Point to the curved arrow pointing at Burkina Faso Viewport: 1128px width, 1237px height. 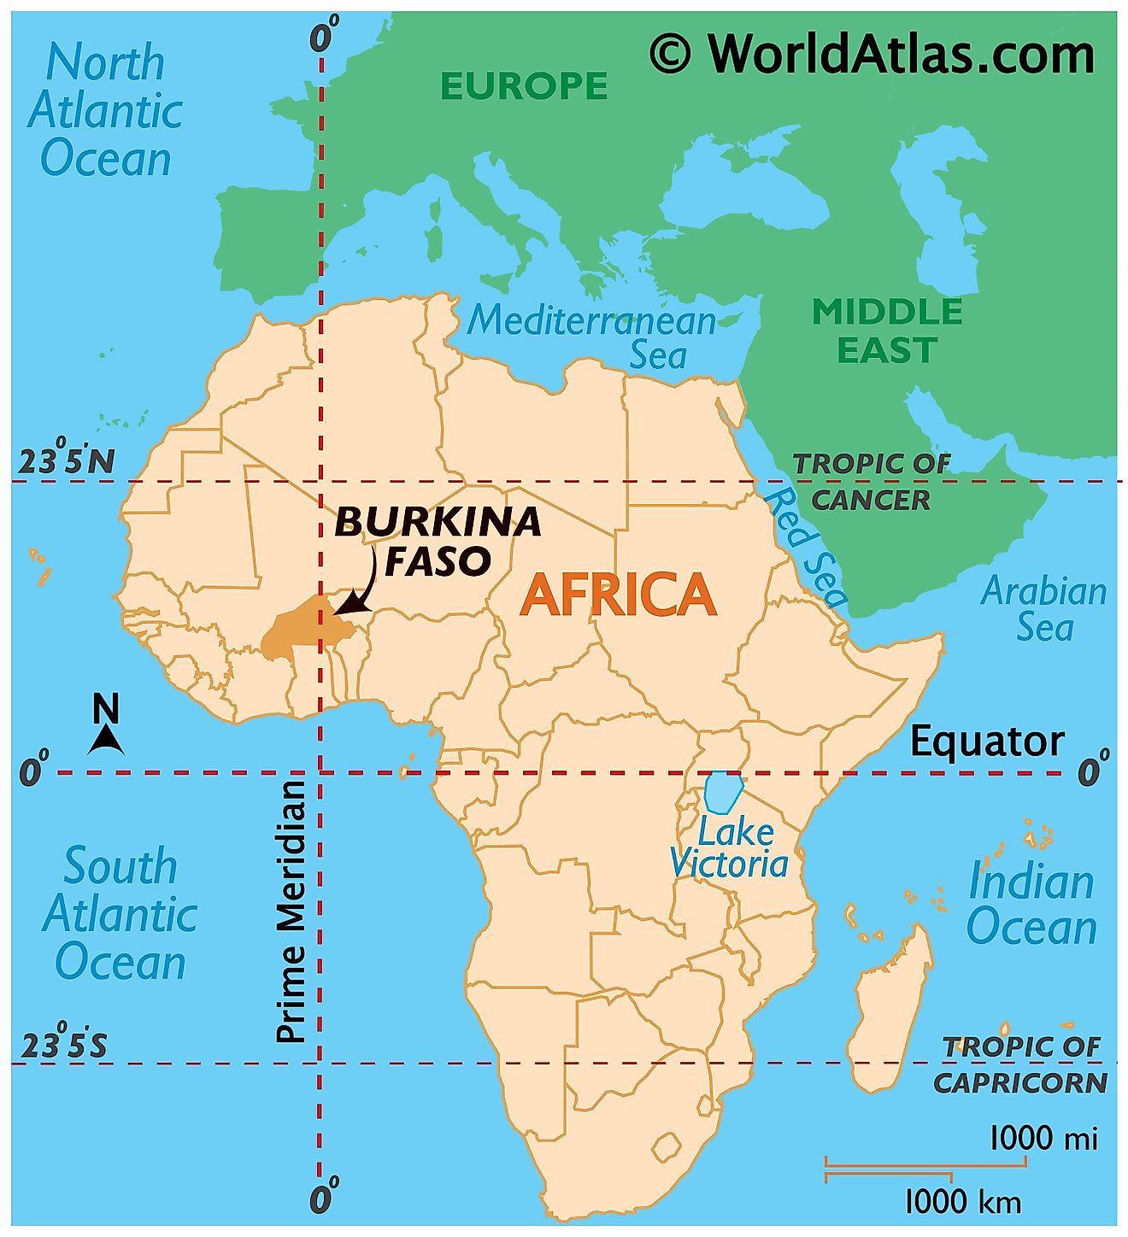click(362, 584)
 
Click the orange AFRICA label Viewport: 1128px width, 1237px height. click(618, 595)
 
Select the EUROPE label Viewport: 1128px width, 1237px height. click(524, 86)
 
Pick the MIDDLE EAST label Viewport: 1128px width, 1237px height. click(887, 331)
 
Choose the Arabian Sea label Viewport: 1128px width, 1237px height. click(1043, 608)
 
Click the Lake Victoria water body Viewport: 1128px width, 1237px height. click(721, 792)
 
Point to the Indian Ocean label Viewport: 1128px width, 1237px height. click(1031, 904)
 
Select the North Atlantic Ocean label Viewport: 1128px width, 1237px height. click(105, 111)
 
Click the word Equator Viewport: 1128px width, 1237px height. click(987, 742)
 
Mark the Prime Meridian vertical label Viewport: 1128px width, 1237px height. click(291, 911)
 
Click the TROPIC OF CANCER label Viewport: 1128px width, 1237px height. click(872, 482)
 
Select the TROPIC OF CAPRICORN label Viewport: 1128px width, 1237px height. click(1021, 1064)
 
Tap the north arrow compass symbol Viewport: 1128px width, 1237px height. click(106, 725)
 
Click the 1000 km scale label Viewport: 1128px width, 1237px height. click(962, 1202)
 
